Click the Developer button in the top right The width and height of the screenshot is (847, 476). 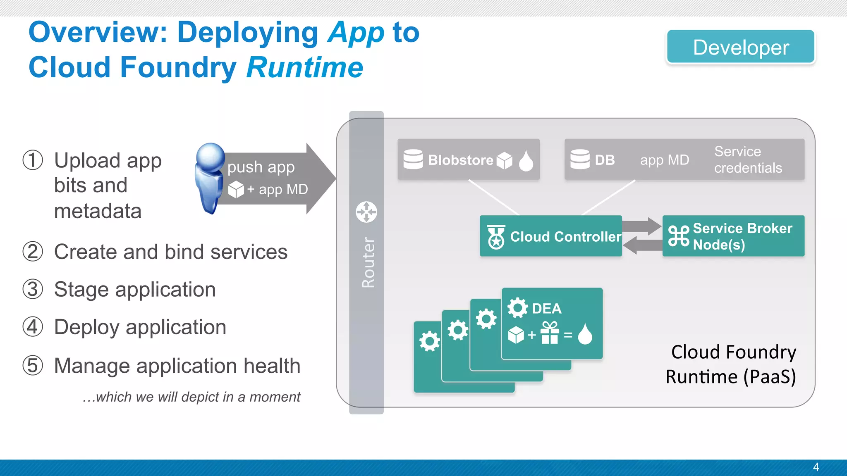coord(740,47)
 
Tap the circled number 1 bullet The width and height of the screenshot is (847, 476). coord(33,160)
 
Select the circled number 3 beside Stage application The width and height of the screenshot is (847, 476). coord(33,289)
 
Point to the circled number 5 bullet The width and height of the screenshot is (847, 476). coord(33,366)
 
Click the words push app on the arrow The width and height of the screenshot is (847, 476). coord(261,167)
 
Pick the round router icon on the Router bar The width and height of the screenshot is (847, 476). coord(366,212)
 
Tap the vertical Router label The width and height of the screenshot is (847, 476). coord(368,262)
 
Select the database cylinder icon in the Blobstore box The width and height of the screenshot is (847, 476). coord(413,159)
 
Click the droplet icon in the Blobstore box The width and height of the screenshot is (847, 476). coord(526,161)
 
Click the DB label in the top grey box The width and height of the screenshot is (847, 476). coord(605,160)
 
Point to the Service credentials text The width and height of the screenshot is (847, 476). coord(748,159)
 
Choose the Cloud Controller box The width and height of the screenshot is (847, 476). coord(550,236)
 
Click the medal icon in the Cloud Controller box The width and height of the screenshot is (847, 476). coord(496,237)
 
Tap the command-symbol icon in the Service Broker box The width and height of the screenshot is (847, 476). coord(679,236)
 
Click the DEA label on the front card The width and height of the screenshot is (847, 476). coord(546,309)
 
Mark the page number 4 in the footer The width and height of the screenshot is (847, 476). coord(816,467)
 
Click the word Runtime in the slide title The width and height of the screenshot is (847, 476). coord(305,67)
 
